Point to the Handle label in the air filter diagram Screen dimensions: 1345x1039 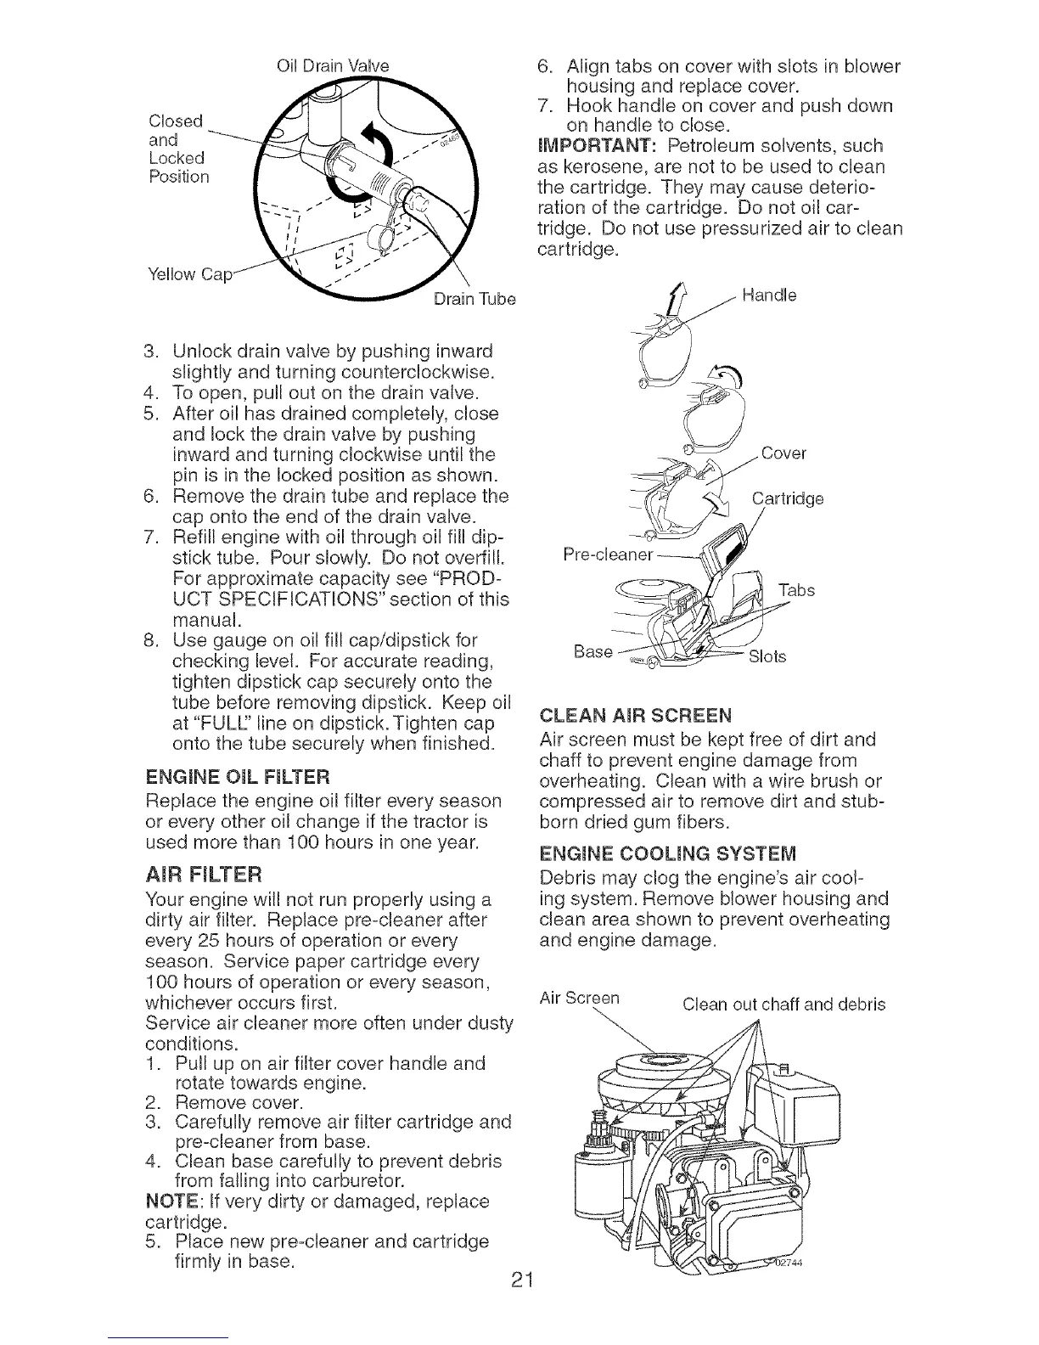[x=768, y=296]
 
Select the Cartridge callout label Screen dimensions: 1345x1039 [x=788, y=498]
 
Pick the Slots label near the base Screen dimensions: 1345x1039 [x=767, y=656]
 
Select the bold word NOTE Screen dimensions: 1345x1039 [x=166, y=1201]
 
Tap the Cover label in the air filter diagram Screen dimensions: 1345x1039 [x=783, y=453]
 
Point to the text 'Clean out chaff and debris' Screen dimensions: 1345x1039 [x=783, y=1005]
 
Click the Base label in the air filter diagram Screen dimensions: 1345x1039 [x=593, y=651]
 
